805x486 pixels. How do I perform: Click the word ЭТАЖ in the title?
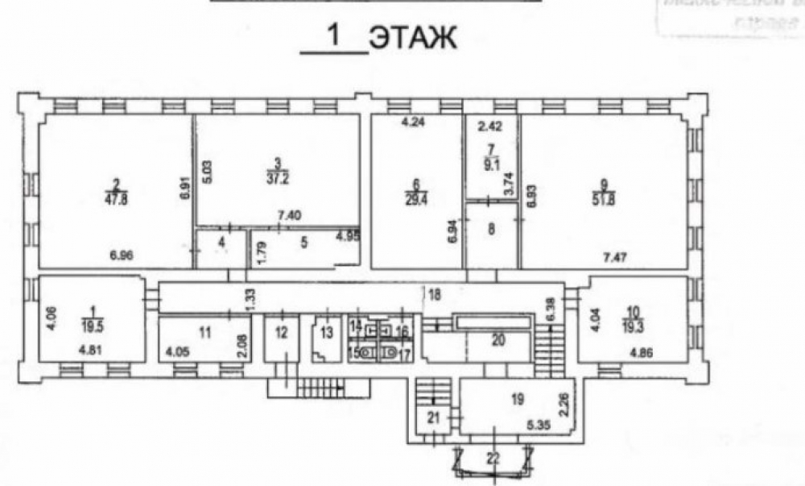pyautogui.click(x=413, y=38)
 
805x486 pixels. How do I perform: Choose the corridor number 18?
pyautogui.click(x=435, y=295)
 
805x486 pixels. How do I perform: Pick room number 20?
pyautogui.click(x=499, y=340)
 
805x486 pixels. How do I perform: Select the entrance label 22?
pyautogui.click(x=493, y=459)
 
